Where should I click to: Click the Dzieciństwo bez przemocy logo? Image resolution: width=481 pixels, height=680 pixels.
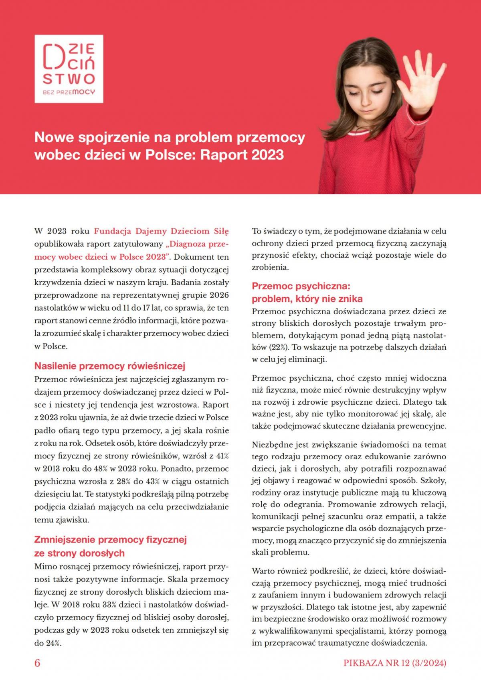tap(69, 69)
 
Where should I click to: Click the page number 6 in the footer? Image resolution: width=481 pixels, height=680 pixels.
tap(37, 663)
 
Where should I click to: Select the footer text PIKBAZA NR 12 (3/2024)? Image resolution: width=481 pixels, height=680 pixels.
tap(394, 663)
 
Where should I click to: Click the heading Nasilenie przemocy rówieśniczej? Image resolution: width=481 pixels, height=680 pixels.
tap(110, 366)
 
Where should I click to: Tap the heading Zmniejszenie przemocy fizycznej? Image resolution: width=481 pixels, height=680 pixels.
tap(111, 540)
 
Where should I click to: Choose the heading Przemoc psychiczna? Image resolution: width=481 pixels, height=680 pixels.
tap(301, 286)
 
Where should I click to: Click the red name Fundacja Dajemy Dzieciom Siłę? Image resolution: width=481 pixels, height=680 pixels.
tap(161, 231)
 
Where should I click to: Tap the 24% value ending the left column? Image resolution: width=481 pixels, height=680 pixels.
tap(53, 643)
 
